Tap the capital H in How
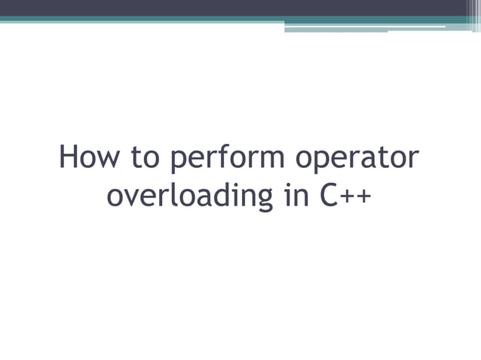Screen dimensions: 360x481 click(x=69, y=158)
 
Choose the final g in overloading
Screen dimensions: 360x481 click(x=261, y=199)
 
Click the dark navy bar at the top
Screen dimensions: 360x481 click(x=240, y=8)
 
